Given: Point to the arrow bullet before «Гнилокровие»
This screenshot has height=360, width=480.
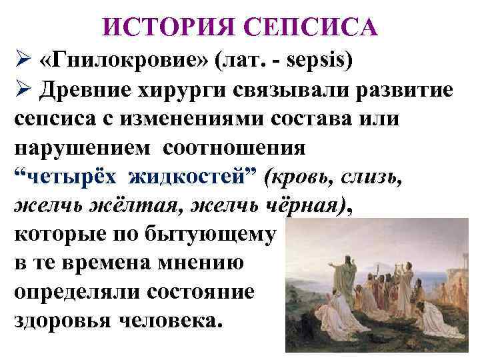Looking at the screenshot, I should tap(23, 62).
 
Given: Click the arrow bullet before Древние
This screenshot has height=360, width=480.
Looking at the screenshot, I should tap(23, 93).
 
